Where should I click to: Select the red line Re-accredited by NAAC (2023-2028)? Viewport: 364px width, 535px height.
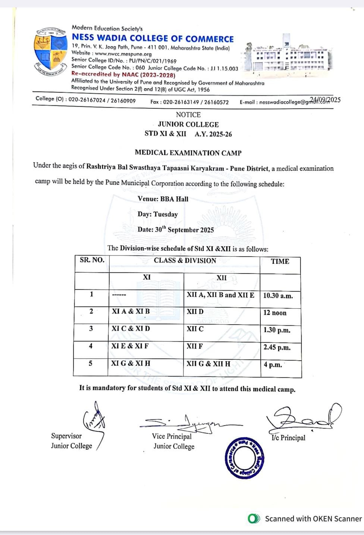pos(123,75)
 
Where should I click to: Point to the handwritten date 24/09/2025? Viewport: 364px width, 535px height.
pos(325,100)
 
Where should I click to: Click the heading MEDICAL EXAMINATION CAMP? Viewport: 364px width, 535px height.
pos(188,153)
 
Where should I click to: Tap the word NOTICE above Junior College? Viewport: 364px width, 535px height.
pos(188,115)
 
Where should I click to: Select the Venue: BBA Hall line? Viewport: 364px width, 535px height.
pos(163,199)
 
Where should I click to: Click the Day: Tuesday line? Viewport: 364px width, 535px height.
pos(157,214)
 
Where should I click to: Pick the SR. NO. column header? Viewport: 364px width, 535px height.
pos(92,260)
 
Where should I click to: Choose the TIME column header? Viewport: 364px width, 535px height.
pos(280,262)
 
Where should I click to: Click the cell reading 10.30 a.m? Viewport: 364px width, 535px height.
pos(278,296)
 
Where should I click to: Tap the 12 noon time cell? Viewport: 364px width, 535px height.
pos(275,313)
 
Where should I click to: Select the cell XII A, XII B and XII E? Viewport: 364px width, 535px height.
pos(220,295)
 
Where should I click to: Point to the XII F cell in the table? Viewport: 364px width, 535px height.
pos(195,346)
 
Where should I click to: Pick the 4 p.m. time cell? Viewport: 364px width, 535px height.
pos(273,365)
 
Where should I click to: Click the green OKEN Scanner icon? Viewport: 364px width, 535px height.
pos(254,519)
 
